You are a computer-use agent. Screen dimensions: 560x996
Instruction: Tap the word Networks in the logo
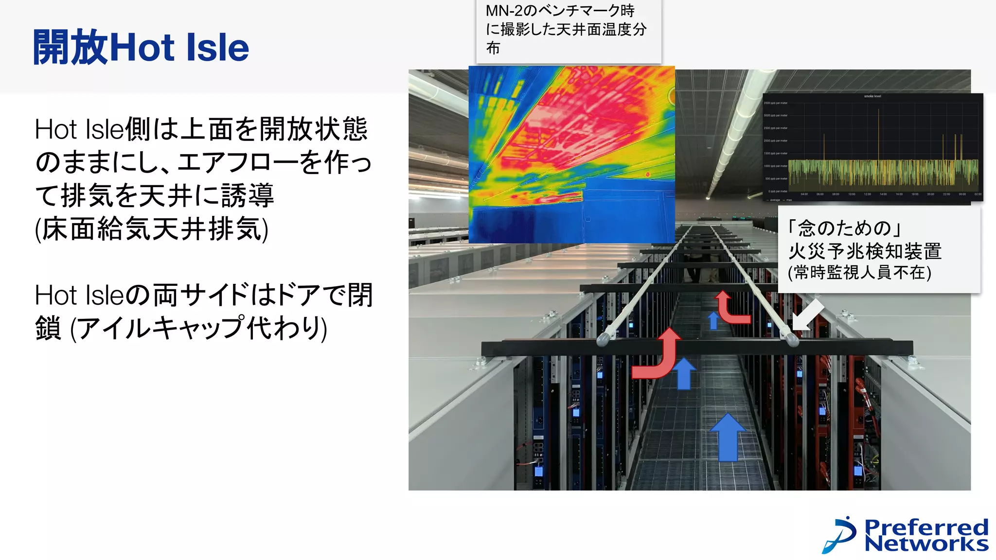coord(926,543)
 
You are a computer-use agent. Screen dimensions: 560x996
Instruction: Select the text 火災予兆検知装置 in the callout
coord(865,251)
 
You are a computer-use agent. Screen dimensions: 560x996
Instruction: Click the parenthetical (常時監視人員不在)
coord(859,272)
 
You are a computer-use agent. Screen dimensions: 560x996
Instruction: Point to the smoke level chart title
coord(872,96)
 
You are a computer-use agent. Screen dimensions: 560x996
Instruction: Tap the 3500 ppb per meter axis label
coord(775,103)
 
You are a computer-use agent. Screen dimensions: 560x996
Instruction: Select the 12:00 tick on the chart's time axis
coord(867,194)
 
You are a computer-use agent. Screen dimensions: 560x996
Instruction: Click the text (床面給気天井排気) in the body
coord(151,228)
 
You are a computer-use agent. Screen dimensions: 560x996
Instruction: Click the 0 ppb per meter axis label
coord(777,191)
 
